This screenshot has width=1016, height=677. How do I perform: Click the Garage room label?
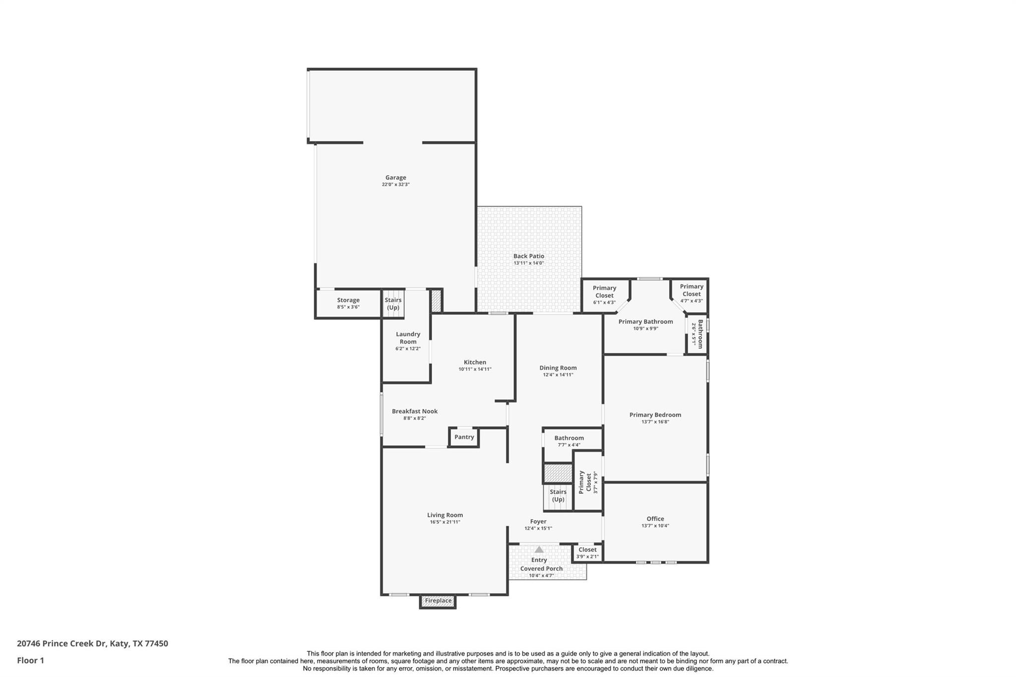[395, 178]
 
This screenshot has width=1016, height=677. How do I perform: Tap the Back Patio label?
[528, 256]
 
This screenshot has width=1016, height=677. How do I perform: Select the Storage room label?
[348, 300]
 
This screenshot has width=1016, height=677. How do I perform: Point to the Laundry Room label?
[408, 338]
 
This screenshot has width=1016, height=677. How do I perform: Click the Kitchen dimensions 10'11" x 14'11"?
[475, 369]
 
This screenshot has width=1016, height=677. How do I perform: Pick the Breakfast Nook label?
[415, 411]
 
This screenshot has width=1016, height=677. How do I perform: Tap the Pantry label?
[464, 437]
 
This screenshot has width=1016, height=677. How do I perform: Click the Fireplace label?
[438, 601]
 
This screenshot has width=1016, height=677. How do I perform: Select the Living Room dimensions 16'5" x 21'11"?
[445, 522]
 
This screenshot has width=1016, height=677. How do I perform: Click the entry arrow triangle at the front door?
[539, 550]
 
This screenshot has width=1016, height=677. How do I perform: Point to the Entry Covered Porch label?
[541, 564]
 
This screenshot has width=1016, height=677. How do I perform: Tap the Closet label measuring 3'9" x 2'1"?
[587, 550]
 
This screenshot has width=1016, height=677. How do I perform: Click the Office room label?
[655, 519]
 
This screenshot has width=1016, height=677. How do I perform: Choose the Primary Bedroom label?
[655, 415]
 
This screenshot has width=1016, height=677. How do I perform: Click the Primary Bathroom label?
[645, 322]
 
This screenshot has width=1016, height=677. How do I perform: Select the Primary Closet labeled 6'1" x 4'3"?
[604, 292]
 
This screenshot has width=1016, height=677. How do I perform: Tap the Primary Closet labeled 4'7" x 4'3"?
[692, 290]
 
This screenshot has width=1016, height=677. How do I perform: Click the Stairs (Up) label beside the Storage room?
[393, 304]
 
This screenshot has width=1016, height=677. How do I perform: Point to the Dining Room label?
[558, 368]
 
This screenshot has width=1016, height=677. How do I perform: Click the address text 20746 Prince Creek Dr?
[62, 644]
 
